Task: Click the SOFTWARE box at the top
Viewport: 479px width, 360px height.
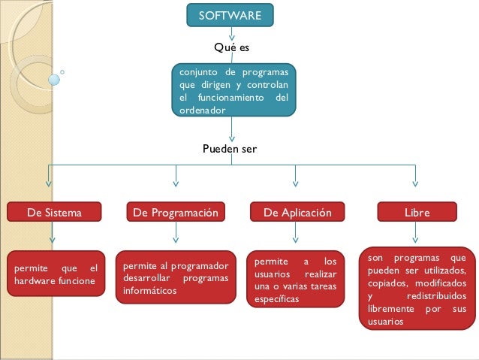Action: coord(230,15)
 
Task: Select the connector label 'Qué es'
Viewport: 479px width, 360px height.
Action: coord(231,47)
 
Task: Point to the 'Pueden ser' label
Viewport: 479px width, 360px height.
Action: coord(230,149)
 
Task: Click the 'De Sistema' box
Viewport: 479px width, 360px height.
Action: coord(54,213)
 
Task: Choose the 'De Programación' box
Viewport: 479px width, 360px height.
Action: coord(176,213)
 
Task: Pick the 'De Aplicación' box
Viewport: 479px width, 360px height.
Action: coord(297,213)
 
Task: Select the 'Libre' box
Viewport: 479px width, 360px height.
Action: coord(417,213)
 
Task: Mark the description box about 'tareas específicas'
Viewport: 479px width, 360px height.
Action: coord(296,280)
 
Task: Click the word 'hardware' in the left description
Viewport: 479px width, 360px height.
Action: coord(35,281)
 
